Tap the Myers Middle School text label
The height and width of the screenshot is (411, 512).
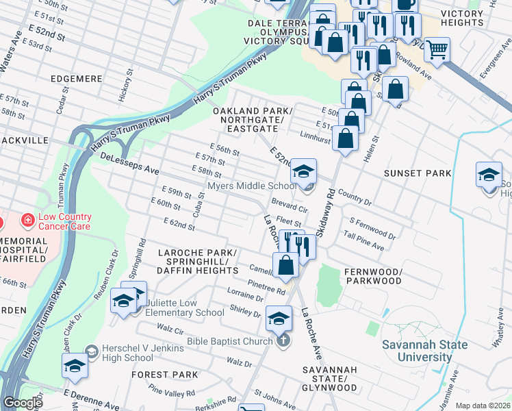click(x=252, y=186)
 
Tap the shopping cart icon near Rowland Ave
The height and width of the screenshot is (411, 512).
click(x=436, y=49)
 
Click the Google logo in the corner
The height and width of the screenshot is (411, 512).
click(x=22, y=403)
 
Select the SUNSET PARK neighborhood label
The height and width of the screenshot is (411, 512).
click(x=418, y=173)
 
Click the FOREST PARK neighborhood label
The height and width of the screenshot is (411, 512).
click(x=164, y=375)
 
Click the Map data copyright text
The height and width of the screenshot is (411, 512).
click(x=482, y=406)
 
